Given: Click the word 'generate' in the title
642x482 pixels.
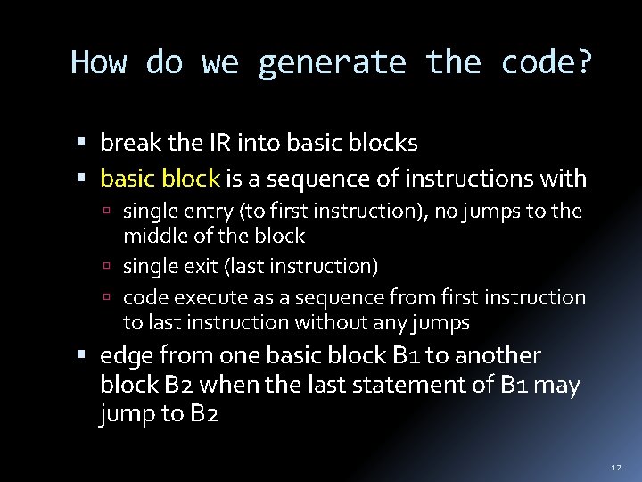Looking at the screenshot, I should tap(333, 63).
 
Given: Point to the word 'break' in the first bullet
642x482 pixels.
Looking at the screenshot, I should tap(128, 142).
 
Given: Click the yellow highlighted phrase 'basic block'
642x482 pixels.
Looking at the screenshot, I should tap(160, 179).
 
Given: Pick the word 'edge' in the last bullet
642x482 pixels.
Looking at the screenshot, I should tap(126, 355).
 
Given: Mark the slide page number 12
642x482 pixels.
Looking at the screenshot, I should tap(614, 467).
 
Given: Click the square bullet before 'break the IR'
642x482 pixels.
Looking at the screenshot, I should tap(81, 143).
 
